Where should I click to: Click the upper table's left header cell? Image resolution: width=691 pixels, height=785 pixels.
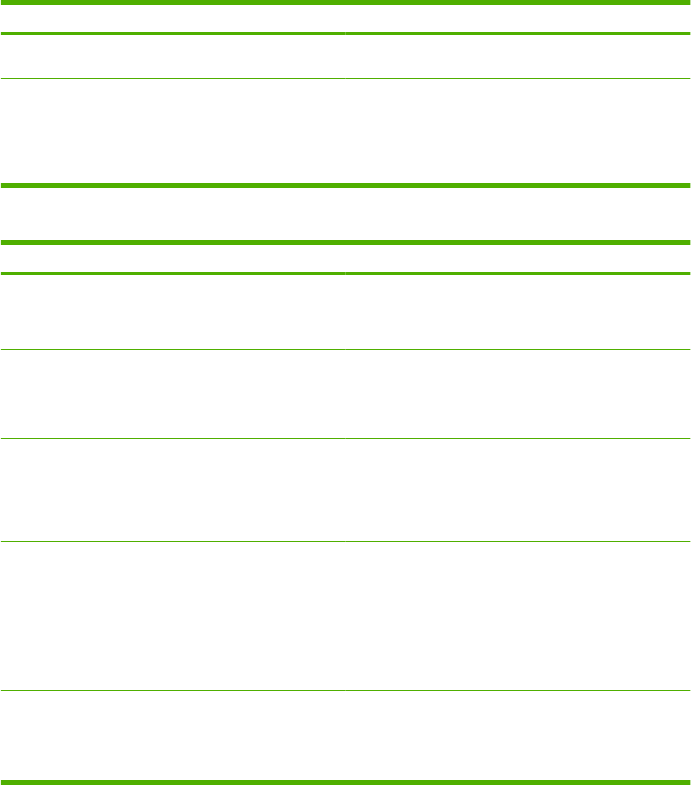pyautogui.click(x=173, y=18)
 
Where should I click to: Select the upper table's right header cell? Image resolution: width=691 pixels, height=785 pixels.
pyautogui.click(x=518, y=18)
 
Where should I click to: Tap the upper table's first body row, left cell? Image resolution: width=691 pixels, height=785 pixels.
pyautogui.click(x=173, y=57)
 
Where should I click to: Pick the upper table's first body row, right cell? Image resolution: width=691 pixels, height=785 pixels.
pyautogui.click(x=518, y=57)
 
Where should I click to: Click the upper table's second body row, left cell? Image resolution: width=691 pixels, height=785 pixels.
pyautogui.click(x=173, y=131)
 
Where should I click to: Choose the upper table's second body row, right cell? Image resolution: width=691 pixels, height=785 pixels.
pyautogui.click(x=518, y=131)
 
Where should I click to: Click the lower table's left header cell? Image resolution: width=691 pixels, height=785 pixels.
pyautogui.click(x=173, y=259)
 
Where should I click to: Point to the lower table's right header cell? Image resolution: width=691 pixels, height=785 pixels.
pyautogui.click(x=518, y=259)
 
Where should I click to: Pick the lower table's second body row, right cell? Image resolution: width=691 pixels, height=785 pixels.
pyautogui.click(x=518, y=395)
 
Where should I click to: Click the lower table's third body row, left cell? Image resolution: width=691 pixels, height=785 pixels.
pyautogui.click(x=173, y=468)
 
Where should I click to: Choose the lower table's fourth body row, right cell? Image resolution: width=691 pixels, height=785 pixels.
pyautogui.click(x=518, y=520)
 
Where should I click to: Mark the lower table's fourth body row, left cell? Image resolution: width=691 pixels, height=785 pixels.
pyautogui.click(x=173, y=520)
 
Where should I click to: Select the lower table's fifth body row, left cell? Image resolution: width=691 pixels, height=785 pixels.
pyautogui.click(x=173, y=579)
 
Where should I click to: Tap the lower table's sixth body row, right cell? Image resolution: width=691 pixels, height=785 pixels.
pyautogui.click(x=518, y=653)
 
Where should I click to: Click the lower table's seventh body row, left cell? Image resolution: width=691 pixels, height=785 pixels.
pyautogui.click(x=173, y=734)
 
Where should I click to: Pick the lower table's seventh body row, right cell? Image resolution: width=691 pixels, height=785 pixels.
pyautogui.click(x=518, y=734)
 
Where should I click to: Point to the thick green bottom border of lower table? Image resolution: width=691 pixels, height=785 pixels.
pyautogui.click(x=345, y=781)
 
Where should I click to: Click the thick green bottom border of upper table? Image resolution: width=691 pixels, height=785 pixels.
pyautogui.click(x=345, y=186)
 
